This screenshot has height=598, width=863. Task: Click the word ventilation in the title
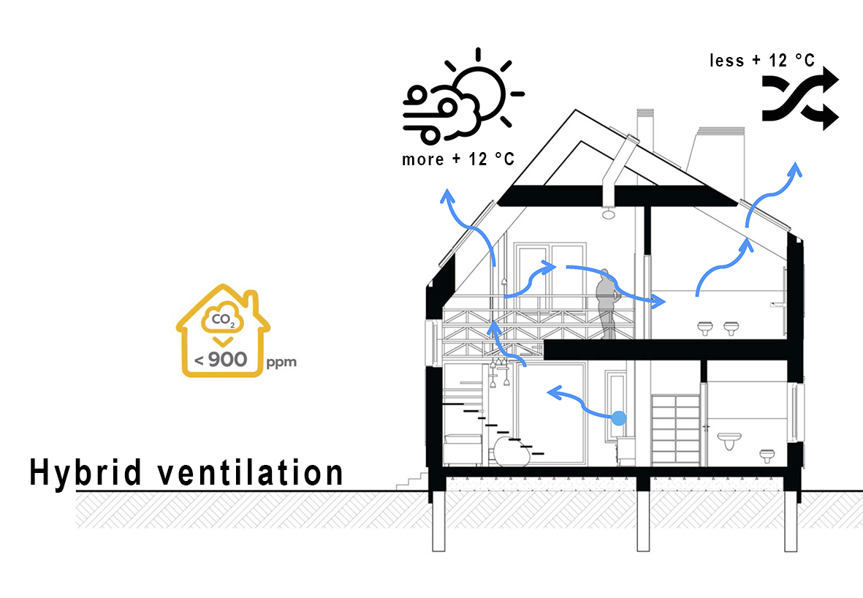pyautogui.click(x=251, y=472)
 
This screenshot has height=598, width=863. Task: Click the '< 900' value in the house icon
pyautogui.click(x=223, y=359)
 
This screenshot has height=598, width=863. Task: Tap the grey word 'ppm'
pyautogui.click(x=282, y=362)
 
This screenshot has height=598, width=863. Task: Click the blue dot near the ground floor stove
pyautogui.click(x=619, y=418)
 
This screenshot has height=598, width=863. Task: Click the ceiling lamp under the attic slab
pyautogui.click(x=607, y=213)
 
